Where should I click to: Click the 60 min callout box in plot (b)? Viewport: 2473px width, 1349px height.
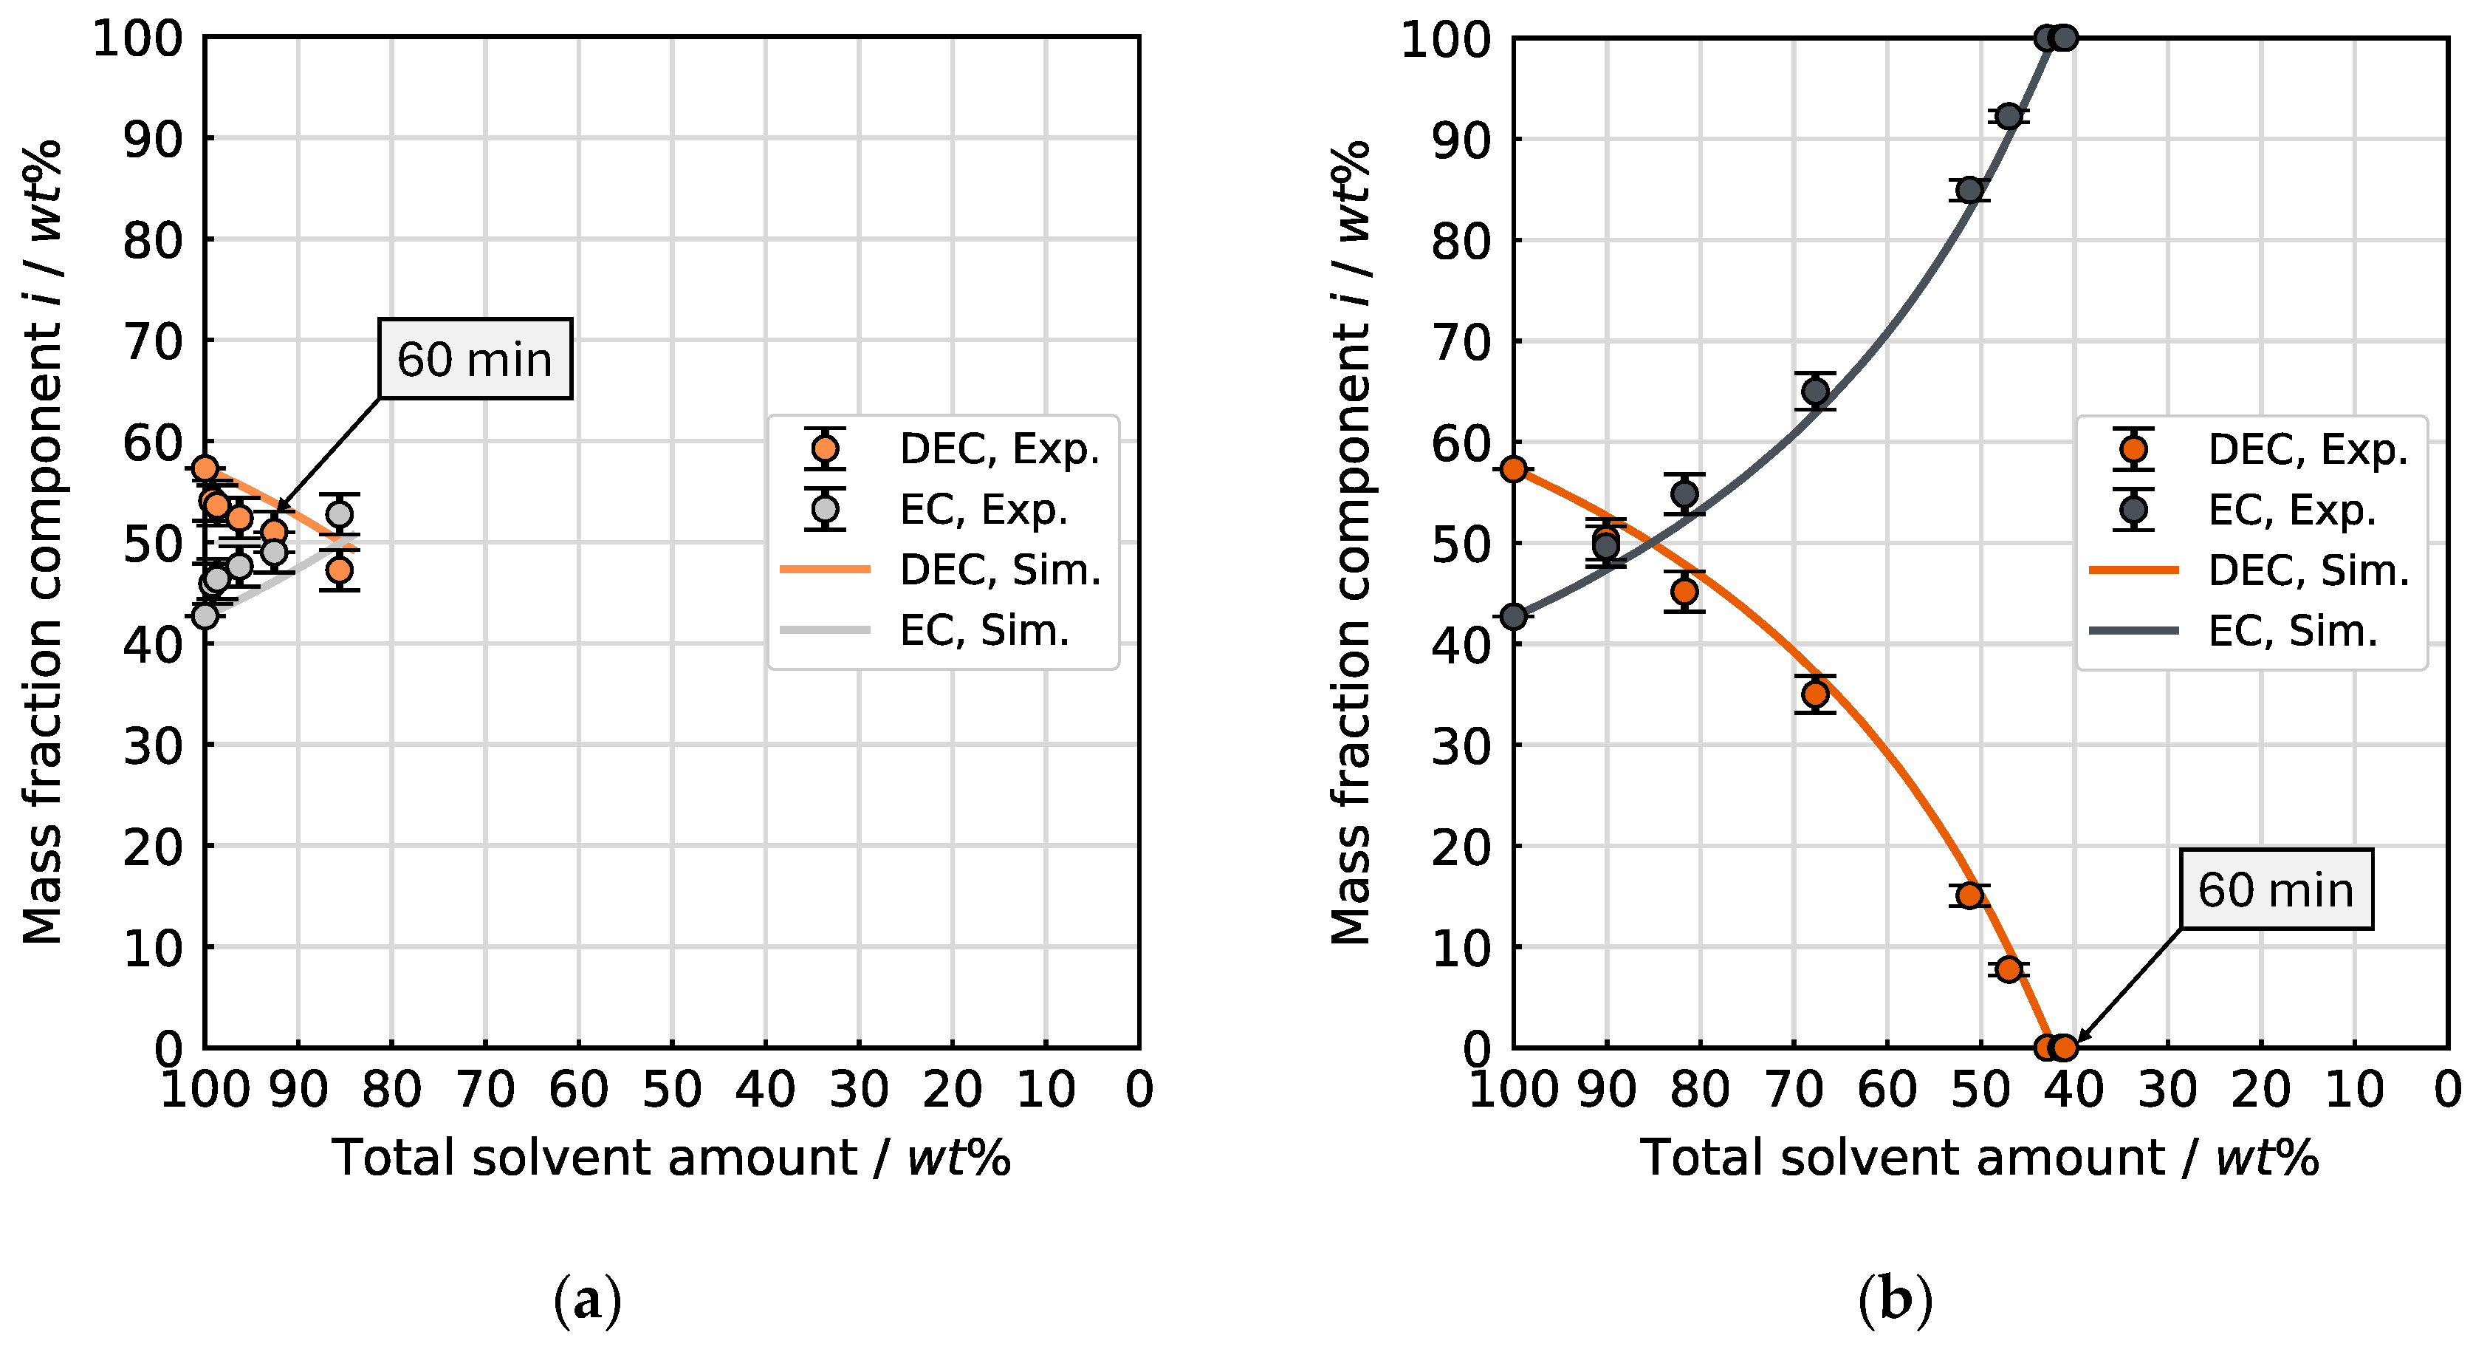point(2275,889)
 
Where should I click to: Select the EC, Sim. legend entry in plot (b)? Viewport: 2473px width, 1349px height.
point(2291,631)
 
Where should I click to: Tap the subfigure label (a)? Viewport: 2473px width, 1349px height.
point(588,1301)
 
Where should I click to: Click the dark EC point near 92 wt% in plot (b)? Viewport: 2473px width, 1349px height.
point(2009,116)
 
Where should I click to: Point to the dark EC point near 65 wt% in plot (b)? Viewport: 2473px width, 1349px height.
point(1814,391)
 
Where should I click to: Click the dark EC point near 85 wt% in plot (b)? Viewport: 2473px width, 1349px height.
point(1969,190)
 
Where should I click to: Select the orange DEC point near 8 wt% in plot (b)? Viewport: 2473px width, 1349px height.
point(2009,969)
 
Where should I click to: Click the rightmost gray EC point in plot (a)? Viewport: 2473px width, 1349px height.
point(339,513)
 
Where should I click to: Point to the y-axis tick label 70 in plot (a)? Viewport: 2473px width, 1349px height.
point(153,341)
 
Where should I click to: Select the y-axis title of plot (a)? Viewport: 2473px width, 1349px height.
point(44,542)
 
